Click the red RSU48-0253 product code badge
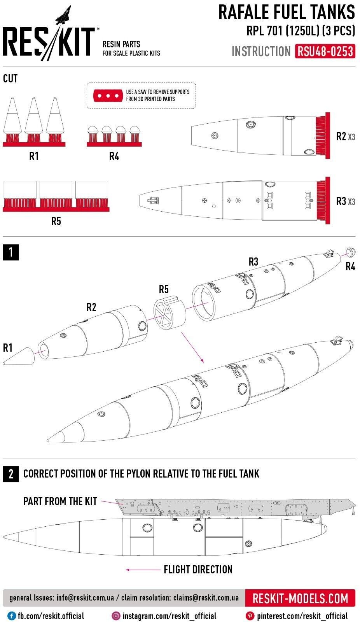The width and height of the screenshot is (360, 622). [x=325, y=51]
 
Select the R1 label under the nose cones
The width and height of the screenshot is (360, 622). [x=34, y=156]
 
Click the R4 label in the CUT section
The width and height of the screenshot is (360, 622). [x=114, y=156]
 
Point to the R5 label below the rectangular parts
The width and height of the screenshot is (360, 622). [x=56, y=221]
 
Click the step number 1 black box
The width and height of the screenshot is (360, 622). [x=10, y=252]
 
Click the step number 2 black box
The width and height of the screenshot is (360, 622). [x=10, y=474]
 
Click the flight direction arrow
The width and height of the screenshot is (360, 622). [x=142, y=570]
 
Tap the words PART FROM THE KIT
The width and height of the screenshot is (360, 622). [x=60, y=501]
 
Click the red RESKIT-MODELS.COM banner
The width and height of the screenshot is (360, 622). [x=300, y=598]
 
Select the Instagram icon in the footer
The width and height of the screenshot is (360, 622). [x=116, y=616]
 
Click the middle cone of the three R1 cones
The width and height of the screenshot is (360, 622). [x=33, y=117]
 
